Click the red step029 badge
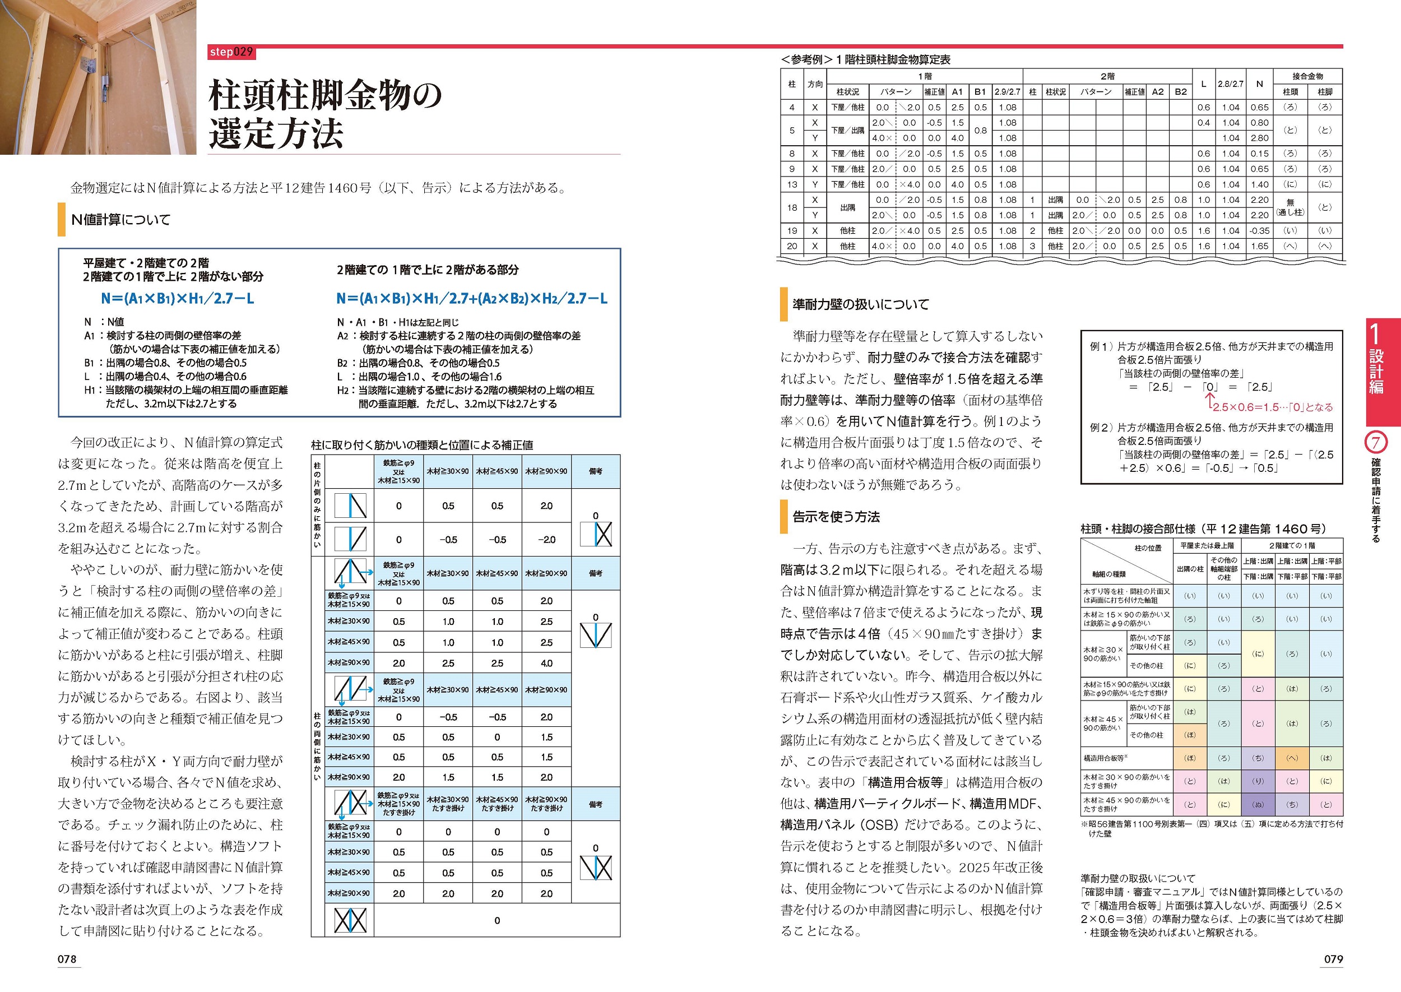pos(231,53)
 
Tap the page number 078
pos(67,959)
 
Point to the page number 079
pos(1333,959)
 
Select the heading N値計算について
pos(121,220)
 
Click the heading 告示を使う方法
pos(836,517)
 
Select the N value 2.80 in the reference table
pos(1259,138)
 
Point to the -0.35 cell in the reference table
pos(1259,231)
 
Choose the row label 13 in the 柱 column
pos(792,184)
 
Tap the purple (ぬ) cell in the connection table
pos(1258,804)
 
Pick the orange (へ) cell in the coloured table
pos(1292,758)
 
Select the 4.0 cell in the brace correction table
pos(546,664)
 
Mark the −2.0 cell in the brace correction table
pos(546,539)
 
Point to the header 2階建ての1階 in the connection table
pos(1292,545)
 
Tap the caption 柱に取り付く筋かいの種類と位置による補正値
pos(422,446)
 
